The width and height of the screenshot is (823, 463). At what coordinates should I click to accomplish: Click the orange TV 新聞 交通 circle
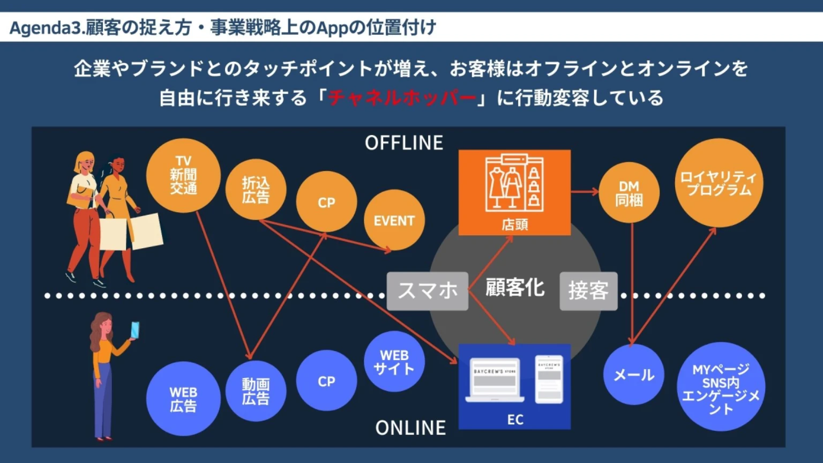pos(183,175)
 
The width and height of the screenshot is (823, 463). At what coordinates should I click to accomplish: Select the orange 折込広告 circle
pos(256,190)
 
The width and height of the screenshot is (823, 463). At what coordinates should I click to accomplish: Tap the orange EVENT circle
pos(394,220)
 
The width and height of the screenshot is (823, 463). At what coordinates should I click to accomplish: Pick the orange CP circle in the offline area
pos(326,202)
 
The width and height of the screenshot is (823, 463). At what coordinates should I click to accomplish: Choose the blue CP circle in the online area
pos(326,380)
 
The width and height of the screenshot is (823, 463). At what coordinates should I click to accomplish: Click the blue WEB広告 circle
pos(183,399)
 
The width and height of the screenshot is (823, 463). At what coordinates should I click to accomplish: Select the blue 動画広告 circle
pos(256,391)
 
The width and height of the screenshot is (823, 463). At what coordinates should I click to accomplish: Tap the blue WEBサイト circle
pos(394,362)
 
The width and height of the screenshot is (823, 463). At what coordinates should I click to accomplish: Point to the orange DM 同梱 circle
pos(629,193)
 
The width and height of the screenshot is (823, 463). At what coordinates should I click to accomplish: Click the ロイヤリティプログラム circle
pos(719,183)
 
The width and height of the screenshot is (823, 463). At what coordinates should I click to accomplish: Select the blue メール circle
pos(633,375)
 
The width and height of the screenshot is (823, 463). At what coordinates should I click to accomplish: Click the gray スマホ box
pos(428,290)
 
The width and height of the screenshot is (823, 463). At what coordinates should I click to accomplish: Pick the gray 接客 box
pos(588,291)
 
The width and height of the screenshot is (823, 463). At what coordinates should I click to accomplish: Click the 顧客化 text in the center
pos(514,288)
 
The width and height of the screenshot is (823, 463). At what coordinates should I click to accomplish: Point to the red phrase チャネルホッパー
pos(402,98)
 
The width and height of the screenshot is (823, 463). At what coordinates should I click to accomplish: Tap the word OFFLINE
pos(404,143)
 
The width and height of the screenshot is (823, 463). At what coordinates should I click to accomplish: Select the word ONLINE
pos(410,427)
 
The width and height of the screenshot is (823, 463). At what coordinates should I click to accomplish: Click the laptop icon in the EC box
pos(495,379)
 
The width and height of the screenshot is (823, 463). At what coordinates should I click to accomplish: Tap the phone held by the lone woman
pos(134,330)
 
